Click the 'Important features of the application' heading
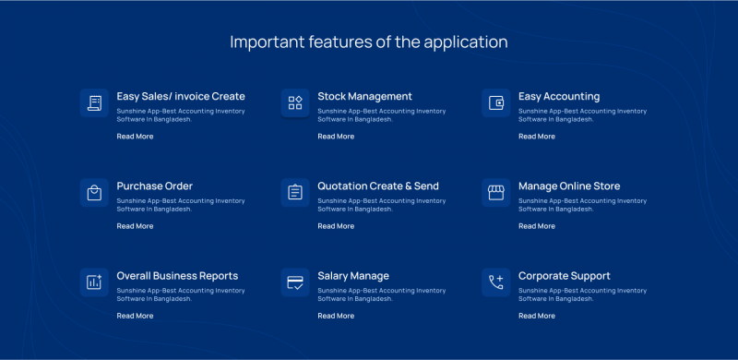click(368, 42)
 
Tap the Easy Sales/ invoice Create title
click(181, 96)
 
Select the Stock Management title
click(364, 96)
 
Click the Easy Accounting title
click(559, 96)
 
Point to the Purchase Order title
click(154, 186)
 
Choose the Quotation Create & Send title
click(378, 186)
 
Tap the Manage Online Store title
click(569, 186)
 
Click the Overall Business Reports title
click(177, 275)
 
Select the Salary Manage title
click(353, 275)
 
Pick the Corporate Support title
click(565, 275)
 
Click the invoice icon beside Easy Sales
click(94, 102)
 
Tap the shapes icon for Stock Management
click(295, 102)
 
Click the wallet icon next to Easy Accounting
click(496, 102)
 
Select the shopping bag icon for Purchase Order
click(94, 192)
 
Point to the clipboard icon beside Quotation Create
click(295, 192)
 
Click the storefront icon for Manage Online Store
click(496, 192)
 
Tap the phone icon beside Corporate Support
click(496, 282)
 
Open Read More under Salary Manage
click(336, 316)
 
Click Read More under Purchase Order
click(135, 226)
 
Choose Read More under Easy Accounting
click(537, 137)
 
